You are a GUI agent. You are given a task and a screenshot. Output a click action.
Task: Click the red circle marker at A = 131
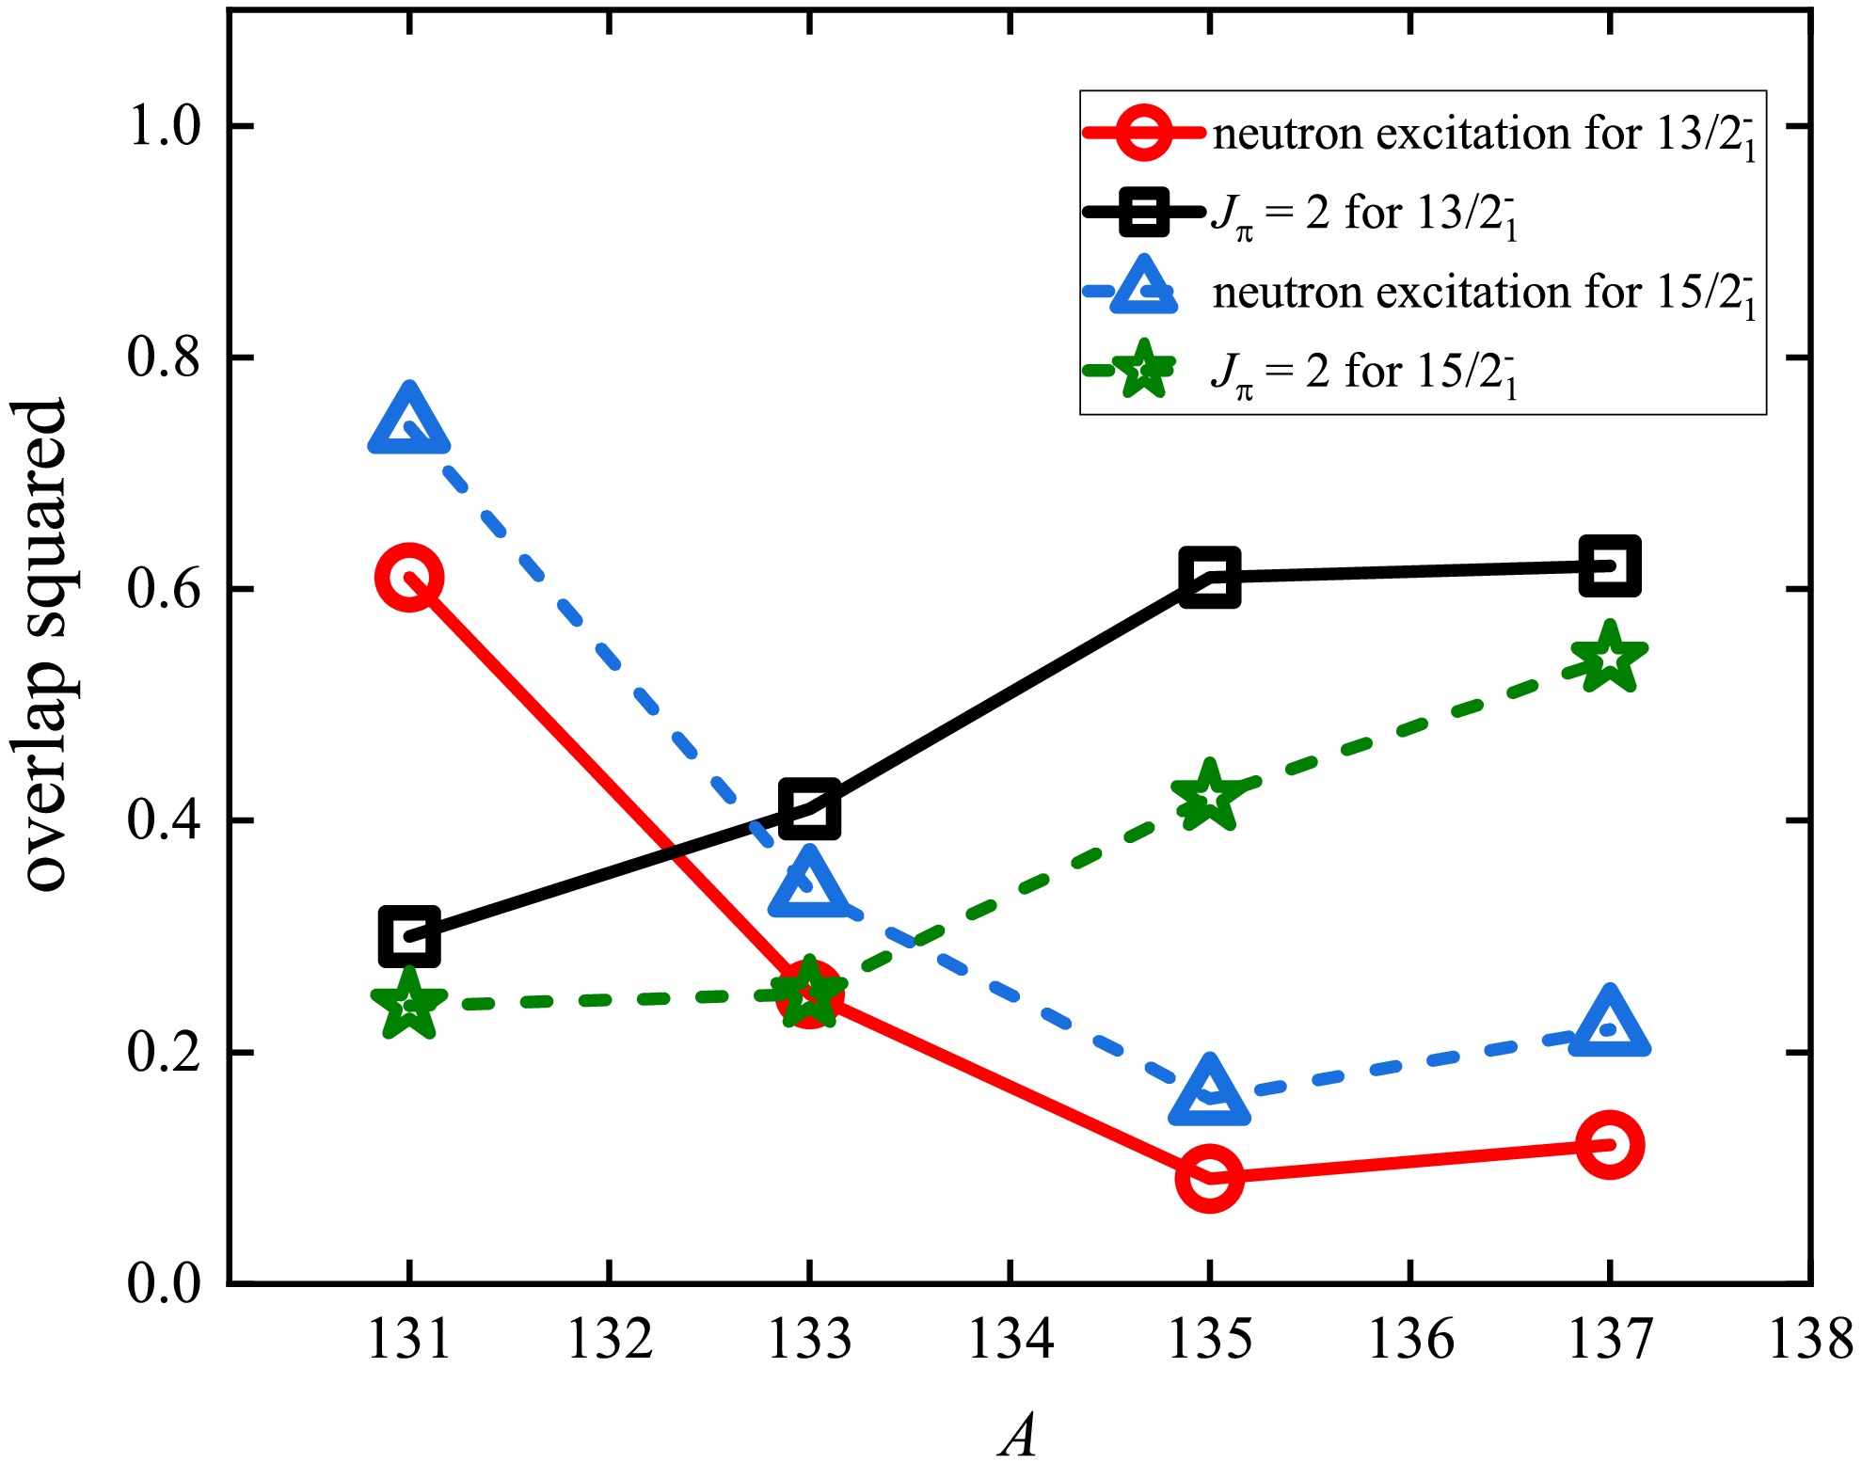[409, 577]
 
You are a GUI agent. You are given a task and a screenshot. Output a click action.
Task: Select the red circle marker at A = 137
[1609, 1144]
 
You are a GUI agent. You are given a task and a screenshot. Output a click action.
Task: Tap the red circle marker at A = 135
[1209, 1177]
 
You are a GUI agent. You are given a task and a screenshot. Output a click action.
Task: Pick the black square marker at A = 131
[409, 937]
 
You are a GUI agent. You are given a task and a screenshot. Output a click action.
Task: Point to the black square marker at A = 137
[1609, 566]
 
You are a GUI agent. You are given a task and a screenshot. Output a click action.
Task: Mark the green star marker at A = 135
[1209, 796]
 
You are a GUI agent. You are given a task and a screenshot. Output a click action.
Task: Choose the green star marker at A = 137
[1609, 658]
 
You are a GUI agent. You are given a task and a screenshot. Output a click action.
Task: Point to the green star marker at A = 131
[409, 1004]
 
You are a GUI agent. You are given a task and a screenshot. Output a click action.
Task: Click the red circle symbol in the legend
[1143, 132]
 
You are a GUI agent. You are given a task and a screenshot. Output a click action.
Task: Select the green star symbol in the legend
[1143, 370]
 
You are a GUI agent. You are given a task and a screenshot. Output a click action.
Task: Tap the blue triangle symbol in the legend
[1143, 289]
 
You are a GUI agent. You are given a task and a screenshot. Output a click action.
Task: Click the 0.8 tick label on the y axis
[164, 358]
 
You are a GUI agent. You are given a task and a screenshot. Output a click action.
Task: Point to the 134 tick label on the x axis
[1010, 1339]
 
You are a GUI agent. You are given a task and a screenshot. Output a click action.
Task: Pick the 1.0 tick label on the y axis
[164, 126]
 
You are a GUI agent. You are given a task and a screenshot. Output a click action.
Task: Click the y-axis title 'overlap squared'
[45, 645]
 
